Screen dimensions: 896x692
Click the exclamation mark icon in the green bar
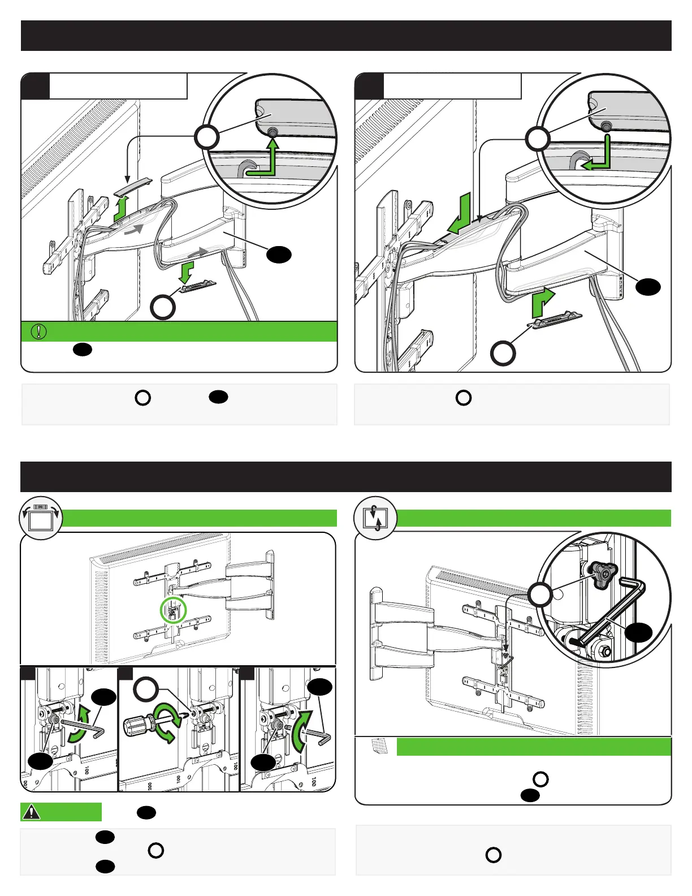[38, 331]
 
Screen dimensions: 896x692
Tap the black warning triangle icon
[32, 812]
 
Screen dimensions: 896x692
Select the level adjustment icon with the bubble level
[40, 518]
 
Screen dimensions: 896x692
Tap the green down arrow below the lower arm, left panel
[185, 270]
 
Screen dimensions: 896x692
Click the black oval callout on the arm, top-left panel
[279, 255]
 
